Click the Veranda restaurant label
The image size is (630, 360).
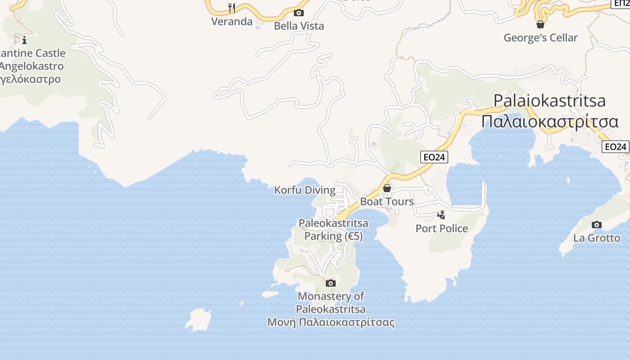pyautogui.click(x=232, y=22)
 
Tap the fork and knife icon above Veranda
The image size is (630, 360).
pyautogui.click(x=232, y=8)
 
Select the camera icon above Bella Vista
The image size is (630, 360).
pyautogui.click(x=298, y=13)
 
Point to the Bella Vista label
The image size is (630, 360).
pyautogui.click(x=299, y=26)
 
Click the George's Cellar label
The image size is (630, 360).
pyautogui.click(x=540, y=38)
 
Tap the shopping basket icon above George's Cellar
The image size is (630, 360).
pyautogui.click(x=540, y=24)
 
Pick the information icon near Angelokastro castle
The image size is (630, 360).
pyautogui.click(x=24, y=40)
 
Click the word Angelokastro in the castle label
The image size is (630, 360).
pyautogui.click(x=31, y=66)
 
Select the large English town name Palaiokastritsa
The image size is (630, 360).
pyautogui.click(x=549, y=100)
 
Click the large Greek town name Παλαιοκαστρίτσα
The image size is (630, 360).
pyautogui.click(x=550, y=121)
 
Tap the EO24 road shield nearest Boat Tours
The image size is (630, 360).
pyautogui.click(x=435, y=157)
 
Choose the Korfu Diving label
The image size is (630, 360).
pyautogui.click(x=305, y=190)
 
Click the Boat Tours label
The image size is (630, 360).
pyautogui.click(x=387, y=202)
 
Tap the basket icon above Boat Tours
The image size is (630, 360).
pyautogui.click(x=387, y=188)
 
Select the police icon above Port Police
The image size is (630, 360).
pyautogui.click(x=441, y=215)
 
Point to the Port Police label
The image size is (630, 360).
pyautogui.click(x=441, y=229)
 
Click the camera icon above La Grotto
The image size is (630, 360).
pyautogui.click(x=596, y=225)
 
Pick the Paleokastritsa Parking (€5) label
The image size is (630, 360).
pyautogui.click(x=333, y=229)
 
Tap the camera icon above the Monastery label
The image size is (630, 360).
pyautogui.click(x=331, y=283)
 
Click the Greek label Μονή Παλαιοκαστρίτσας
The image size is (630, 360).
pyautogui.click(x=331, y=323)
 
